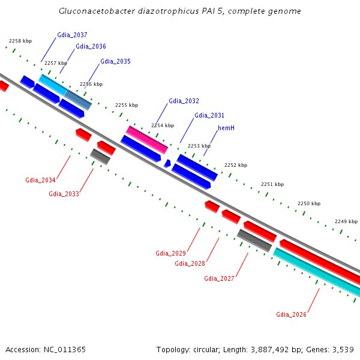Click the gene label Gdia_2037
pyautogui.click(x=72, y=35)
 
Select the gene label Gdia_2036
pyautogui.click(x=91, y=47)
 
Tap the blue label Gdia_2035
pyautogui.click(x=115, y=62)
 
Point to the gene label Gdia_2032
pyautogui.click(x=184, y=101)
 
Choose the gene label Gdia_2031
pyautogui.click(x=209, y=116)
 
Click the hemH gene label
pyautogui.click(x=226, y=128)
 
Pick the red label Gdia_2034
pyautogui.click(x=40, y=181)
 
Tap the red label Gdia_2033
pyautogui.click(x=64, y=194)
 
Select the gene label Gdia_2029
pyautogui.click(x=170, y=253)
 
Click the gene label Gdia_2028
pyautogui.click(x=190, y=263)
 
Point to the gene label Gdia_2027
pyautogui.click(x=219, y=278)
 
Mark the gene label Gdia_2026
pyautogui.click(x=291, y=314)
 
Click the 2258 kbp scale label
pyautogui.click(x=20, y=41)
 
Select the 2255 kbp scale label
pyautogui.click(x=127, y=105)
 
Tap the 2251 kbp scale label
pyautogui.click(x=272, y=185)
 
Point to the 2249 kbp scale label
pyautogui.click(x=346, y=221)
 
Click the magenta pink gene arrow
pyautogui.click(x=147, y=140)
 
